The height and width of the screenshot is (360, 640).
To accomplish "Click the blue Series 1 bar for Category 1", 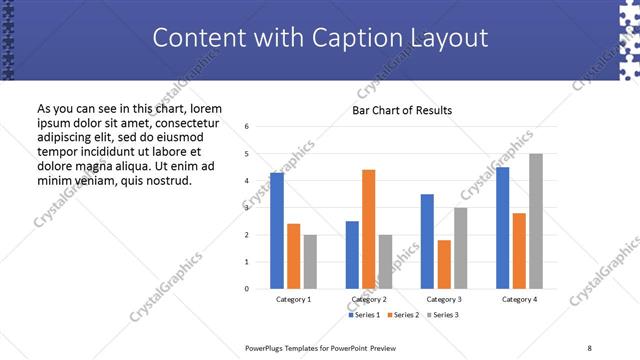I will (x=277, y=230).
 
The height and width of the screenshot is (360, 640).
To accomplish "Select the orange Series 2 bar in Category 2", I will (x=368, y=229).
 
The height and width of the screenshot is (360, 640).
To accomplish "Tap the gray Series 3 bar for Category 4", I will (x=535, y=221).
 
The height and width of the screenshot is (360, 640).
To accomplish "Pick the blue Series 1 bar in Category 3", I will (x=427, y=241).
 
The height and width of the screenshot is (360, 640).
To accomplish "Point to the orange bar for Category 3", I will (x=444, y=264).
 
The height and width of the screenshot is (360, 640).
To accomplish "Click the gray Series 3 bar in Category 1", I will (x=310, y=261).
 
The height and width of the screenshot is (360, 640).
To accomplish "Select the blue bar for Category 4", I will (x=502, y=227).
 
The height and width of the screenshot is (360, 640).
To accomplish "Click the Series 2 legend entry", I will (x=403, y=315).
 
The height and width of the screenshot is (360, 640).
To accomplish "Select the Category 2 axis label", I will (x=369, y=300).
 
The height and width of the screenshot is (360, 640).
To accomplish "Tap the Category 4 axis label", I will (x=519, y=300).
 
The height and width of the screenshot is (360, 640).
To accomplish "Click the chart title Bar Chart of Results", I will (x=402, y=110).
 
